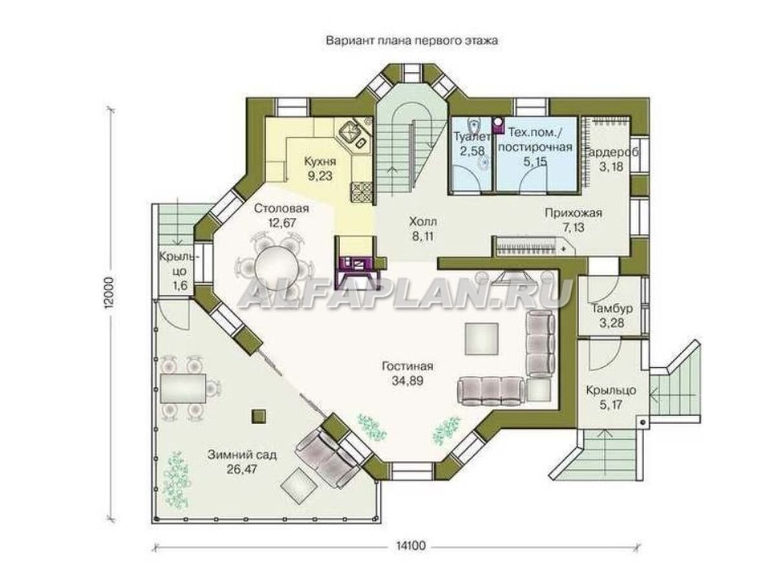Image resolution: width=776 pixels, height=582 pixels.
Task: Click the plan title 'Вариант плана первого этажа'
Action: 411,41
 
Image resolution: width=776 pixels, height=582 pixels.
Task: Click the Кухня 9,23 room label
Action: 320,169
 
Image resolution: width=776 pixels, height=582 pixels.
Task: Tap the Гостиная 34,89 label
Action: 407,373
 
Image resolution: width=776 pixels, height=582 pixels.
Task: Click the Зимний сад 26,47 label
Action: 242,462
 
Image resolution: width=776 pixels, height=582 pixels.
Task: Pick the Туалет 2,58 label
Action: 472,144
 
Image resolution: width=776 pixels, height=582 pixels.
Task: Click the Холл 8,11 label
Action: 423,229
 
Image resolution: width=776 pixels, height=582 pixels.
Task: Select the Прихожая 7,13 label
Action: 574,220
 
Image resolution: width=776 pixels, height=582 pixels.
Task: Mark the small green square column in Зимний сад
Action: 259,416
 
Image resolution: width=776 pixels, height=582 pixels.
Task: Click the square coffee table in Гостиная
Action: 482,338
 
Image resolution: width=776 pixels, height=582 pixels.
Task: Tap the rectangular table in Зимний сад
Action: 183,387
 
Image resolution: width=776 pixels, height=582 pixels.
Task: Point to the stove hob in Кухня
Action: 361,193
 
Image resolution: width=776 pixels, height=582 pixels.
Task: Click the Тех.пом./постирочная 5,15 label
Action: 535,147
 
